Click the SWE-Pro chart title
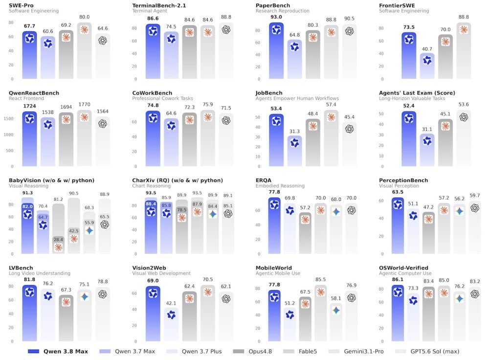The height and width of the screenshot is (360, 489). (x=21, y=5)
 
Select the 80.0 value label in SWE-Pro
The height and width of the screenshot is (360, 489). (x=84, y=17)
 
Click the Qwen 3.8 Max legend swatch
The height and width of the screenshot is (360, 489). (x=33, y=351)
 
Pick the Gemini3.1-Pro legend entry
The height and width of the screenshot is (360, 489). (x=356, y=351)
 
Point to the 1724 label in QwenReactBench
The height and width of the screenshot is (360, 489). (x=30, y=106)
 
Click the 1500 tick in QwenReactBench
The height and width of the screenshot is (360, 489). (x=8, y=118)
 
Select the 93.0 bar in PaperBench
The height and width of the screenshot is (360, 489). (x=276, y=50)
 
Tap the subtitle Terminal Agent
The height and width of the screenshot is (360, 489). (x=150, y=11)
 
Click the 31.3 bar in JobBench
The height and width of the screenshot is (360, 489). (x=294, y=151)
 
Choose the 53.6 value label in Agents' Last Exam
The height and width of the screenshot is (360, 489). (x=464, y=105)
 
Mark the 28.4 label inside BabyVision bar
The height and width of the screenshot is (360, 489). (x=58, y=240)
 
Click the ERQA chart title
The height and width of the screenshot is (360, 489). (x=264, y=180)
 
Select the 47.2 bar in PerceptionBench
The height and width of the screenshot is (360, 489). (x=428, y=233)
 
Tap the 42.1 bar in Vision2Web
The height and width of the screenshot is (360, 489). (x=171, y=324)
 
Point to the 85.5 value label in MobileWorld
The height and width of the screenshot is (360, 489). (x=321, y=279)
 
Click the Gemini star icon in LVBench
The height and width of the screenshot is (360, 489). (x=84, y=297)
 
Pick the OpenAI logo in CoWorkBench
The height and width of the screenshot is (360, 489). (x=226, y=120)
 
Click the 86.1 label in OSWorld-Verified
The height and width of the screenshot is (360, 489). (x=398, y=279)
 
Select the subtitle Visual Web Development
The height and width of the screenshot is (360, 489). (x=161, y=273)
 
